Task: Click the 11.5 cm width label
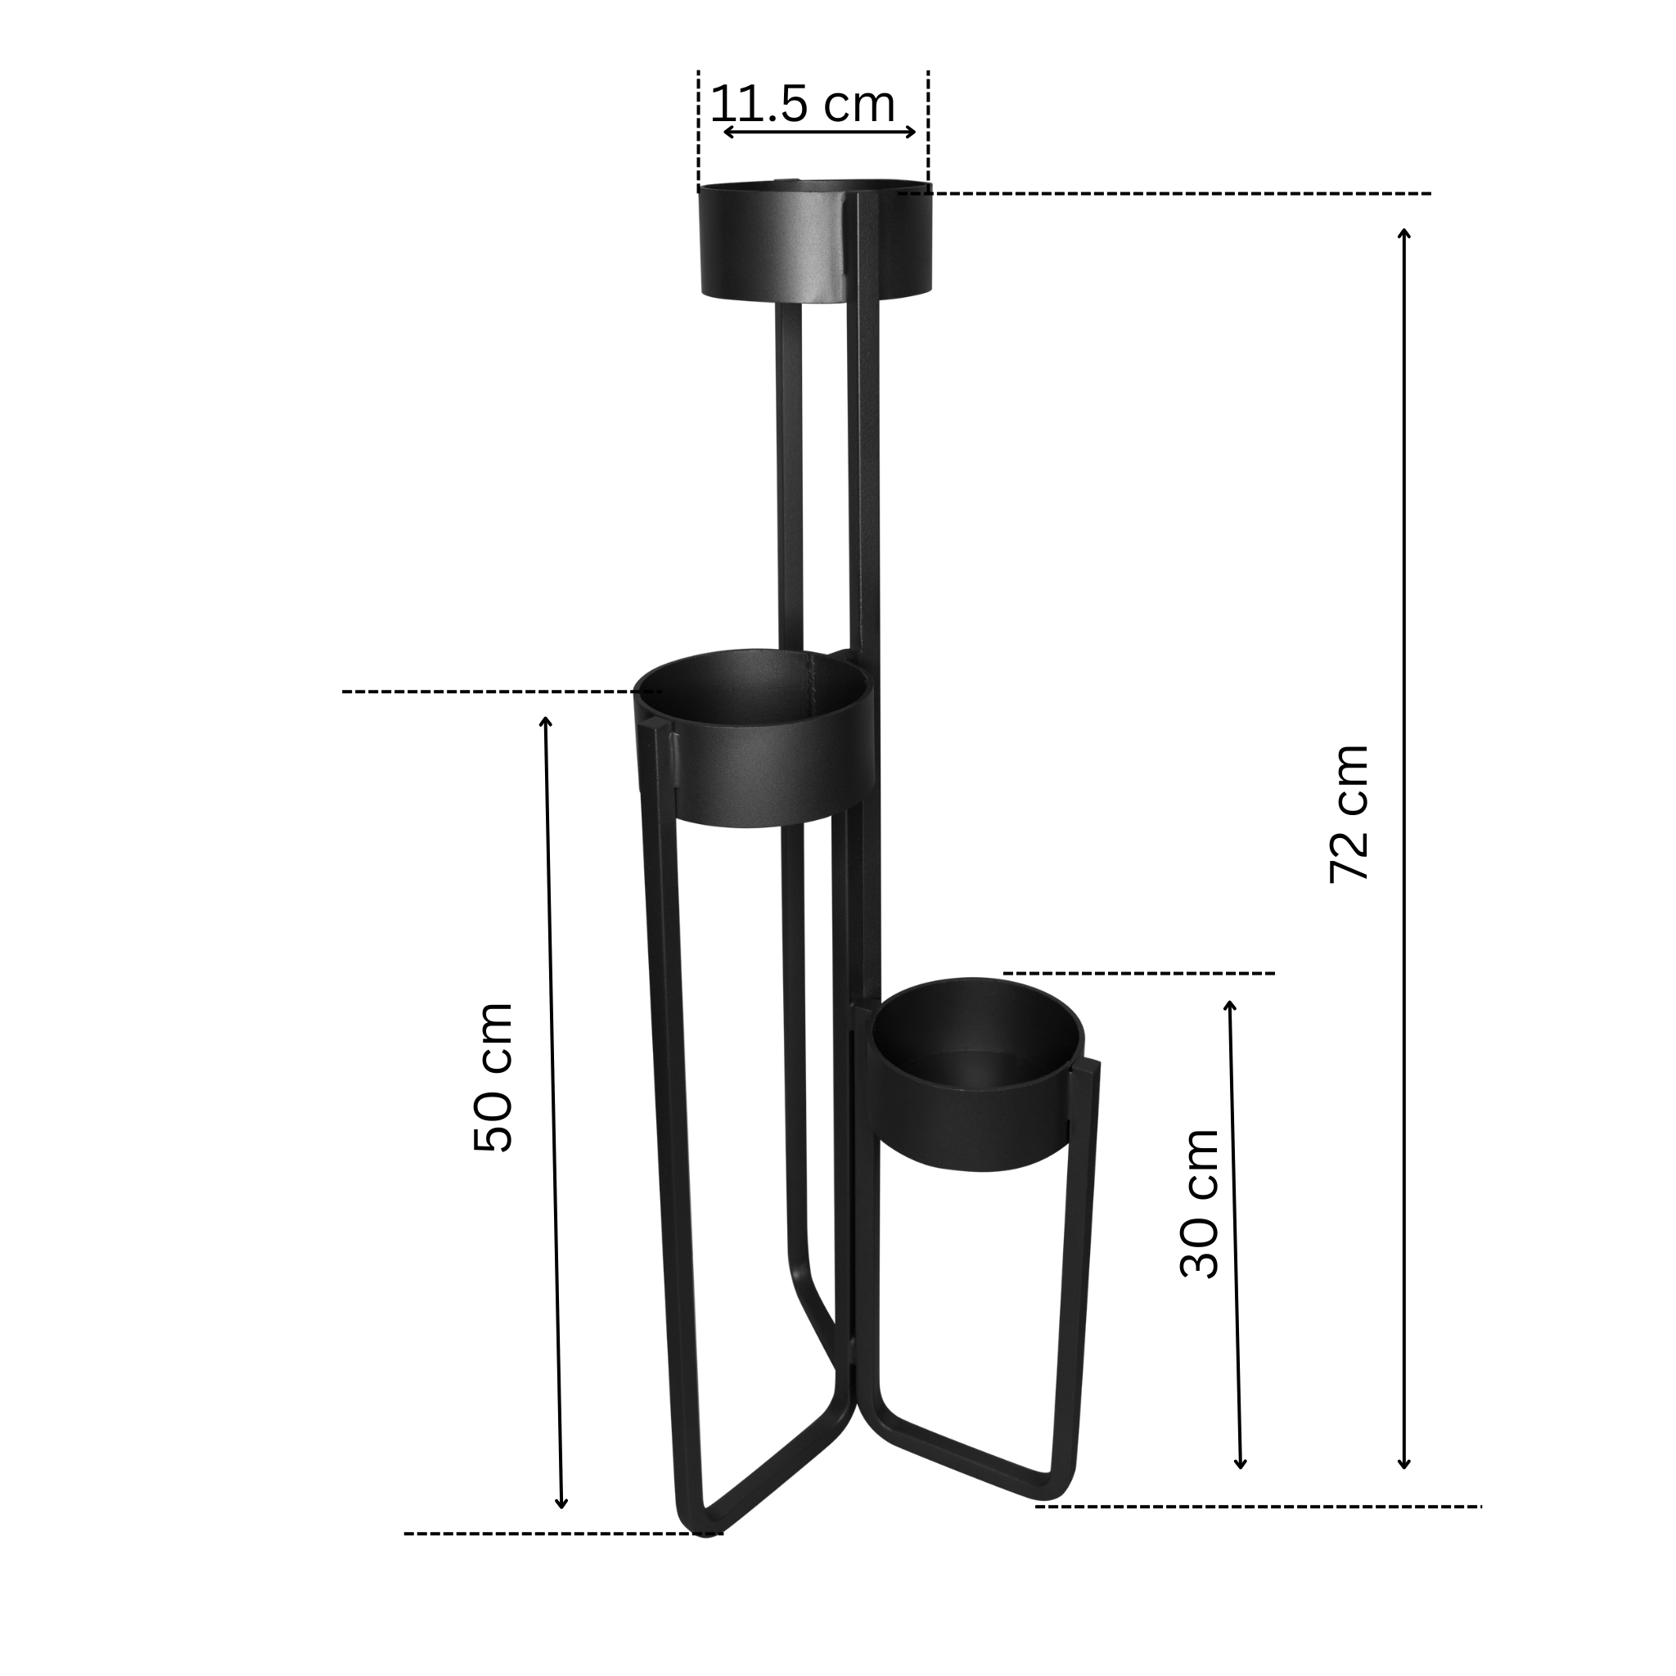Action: tap(803, 106)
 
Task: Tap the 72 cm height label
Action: tap(1349, 813)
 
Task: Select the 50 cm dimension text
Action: tap(493, 1077)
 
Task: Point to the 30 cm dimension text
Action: tap(1200, 1202)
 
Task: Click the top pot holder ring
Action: tap(814, 243)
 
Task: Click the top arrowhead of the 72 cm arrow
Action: tap(1404, 232)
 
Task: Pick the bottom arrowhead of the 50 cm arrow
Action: tap(561, 1529)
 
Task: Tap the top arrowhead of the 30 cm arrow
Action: tap(1229, 1005)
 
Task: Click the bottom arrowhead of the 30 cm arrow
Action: tap(1241, 1463)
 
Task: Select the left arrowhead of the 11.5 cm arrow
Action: tap(727, 132)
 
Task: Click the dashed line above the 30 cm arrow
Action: tap(1139, 973)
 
